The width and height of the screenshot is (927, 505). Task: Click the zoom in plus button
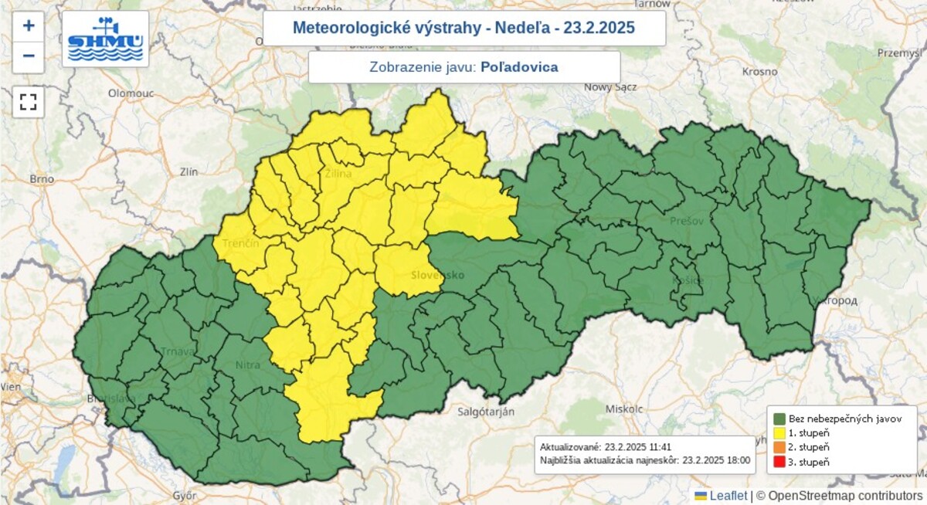(29, 25)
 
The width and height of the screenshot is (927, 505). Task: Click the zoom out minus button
(29, 56)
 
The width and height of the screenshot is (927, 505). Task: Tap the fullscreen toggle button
(29, 102)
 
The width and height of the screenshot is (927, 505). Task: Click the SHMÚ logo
(105, 39)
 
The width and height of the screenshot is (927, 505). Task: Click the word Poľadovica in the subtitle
(519, 67)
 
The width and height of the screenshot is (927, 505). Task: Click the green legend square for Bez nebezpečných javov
(779, 418)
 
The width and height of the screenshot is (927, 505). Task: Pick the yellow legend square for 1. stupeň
(779, 432)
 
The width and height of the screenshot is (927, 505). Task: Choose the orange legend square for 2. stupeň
(779, 447)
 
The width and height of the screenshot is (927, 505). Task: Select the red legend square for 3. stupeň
(779, 462)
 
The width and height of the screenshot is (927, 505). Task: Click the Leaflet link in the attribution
(728, 495)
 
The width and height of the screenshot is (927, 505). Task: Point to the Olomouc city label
(131, 93)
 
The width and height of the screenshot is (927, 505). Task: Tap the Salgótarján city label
(484, 412)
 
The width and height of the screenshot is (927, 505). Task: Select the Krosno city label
(759, 71)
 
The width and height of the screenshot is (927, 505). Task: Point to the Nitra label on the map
(247, 364)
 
